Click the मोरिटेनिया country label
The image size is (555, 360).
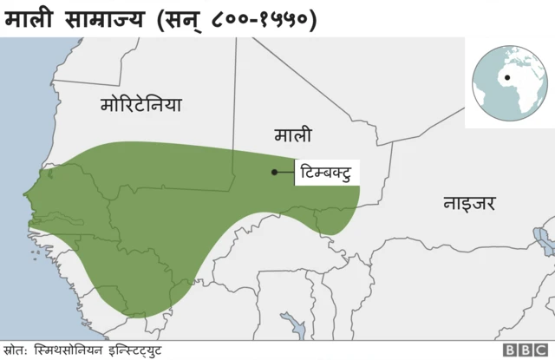[141, 105]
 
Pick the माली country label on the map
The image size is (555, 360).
[293, 134]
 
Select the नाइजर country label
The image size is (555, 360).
[469, 204]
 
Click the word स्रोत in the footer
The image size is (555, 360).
[15, 350]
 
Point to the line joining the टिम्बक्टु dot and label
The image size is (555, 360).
[286, 172]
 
